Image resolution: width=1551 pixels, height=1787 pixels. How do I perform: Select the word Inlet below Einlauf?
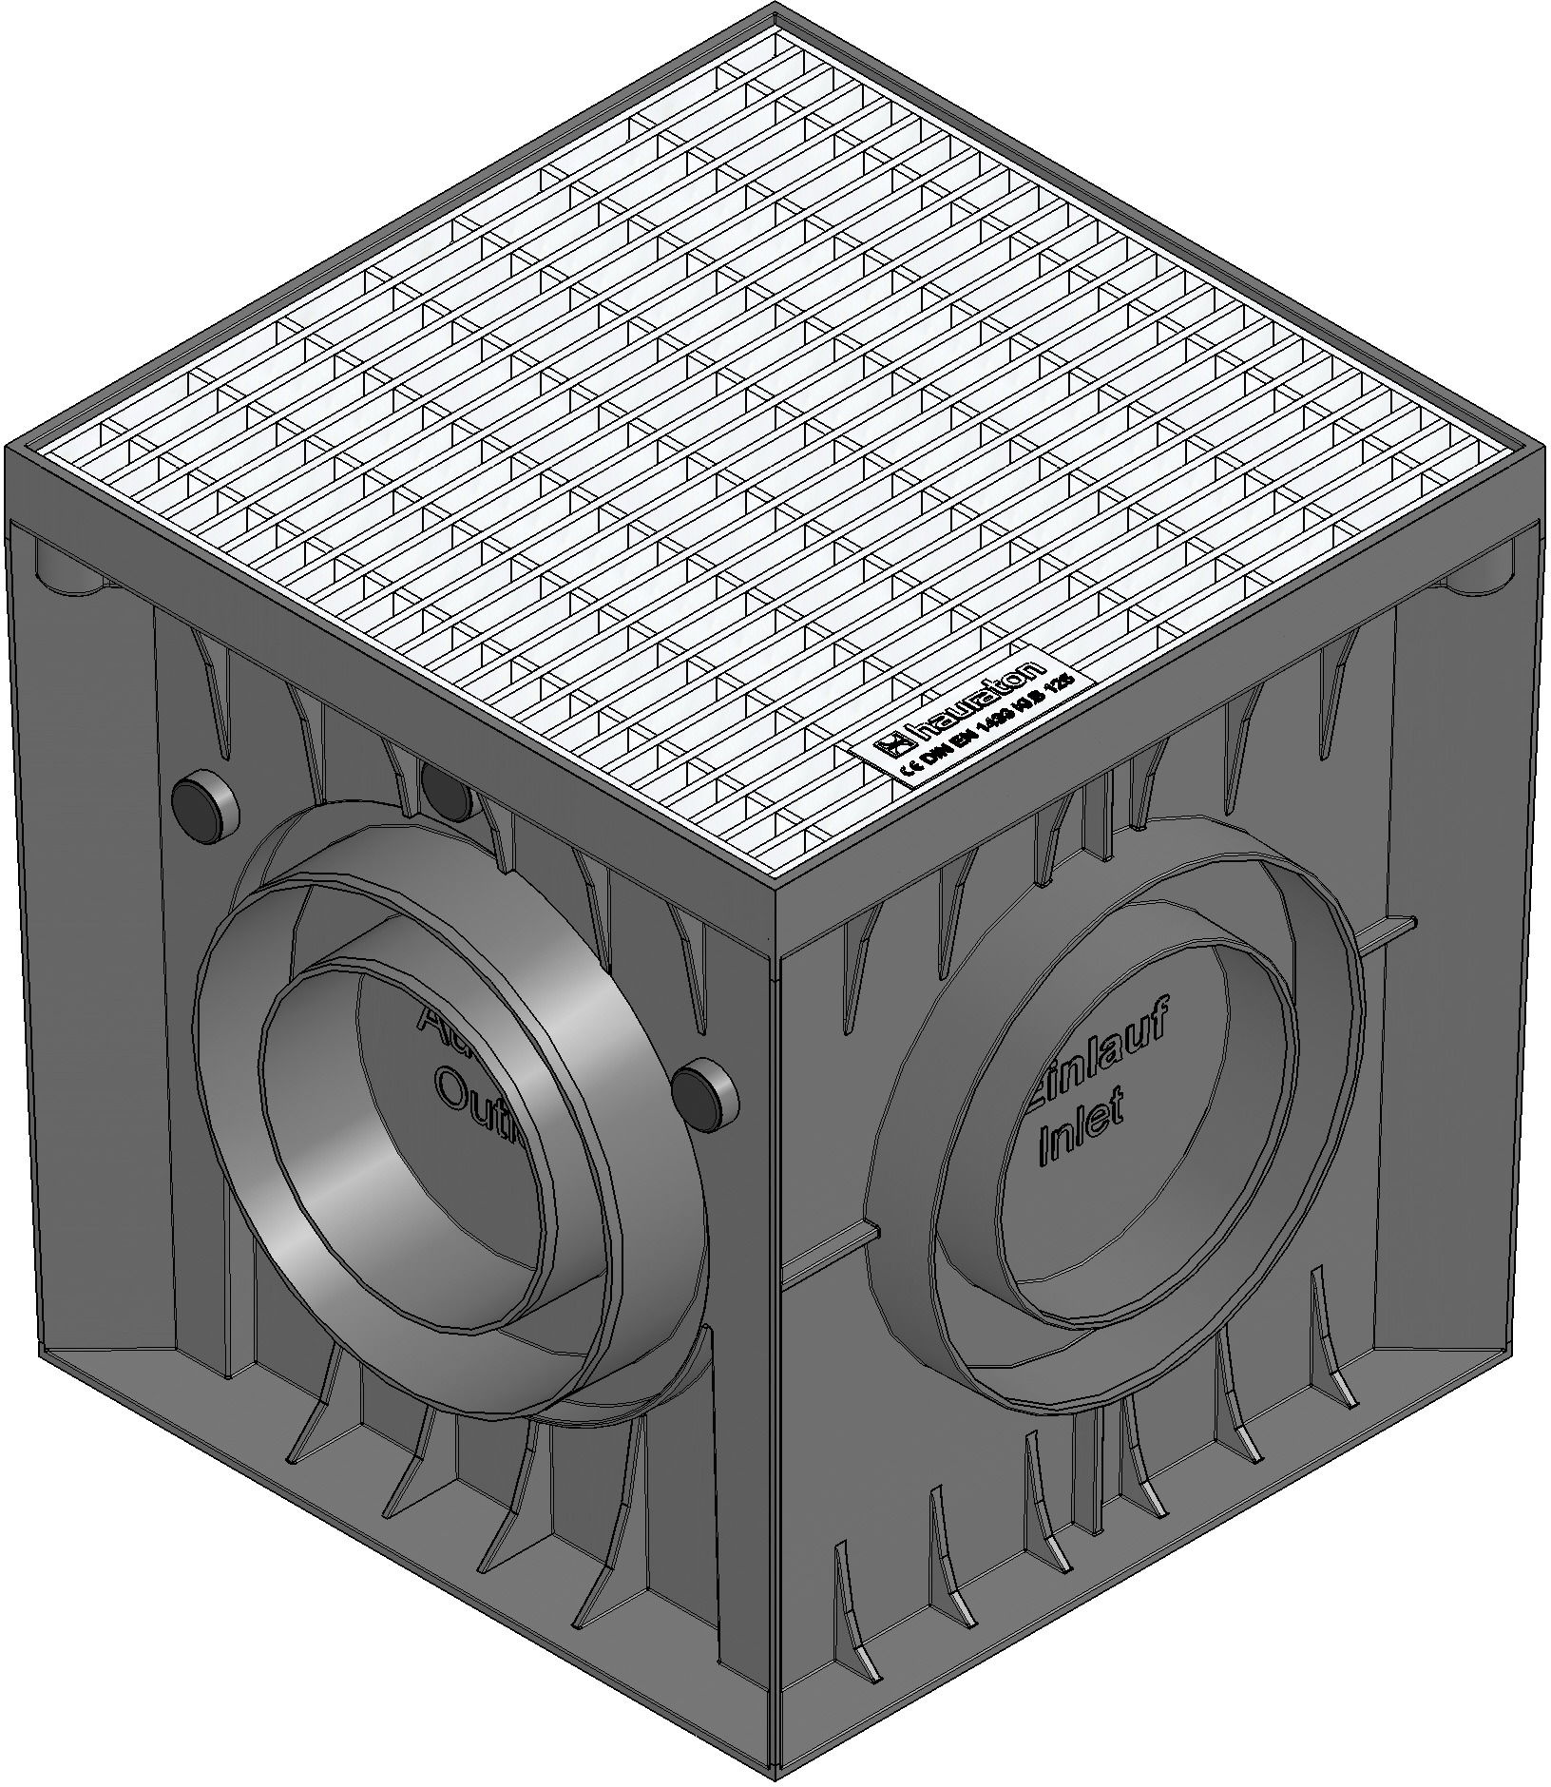point(1083,1131)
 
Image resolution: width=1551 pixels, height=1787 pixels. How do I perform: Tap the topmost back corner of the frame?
point(775,11)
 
